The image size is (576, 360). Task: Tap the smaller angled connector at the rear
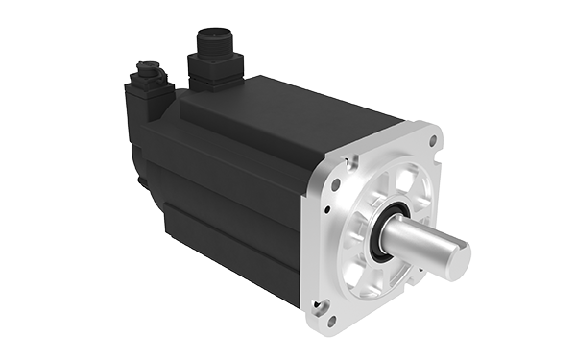pyautogui.click(x=146, y=75)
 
